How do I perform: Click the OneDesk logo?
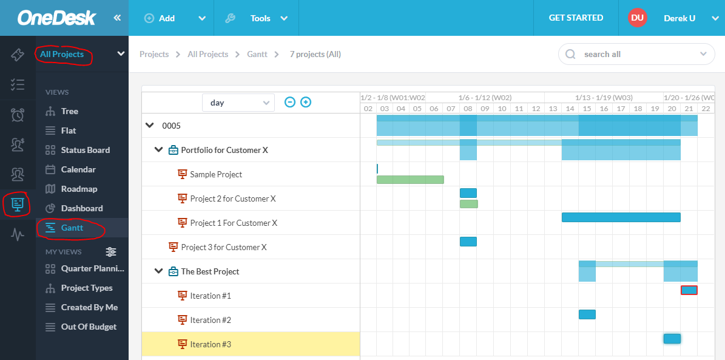56,18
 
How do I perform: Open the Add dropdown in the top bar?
175,18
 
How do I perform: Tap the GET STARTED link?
576,18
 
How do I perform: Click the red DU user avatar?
637,18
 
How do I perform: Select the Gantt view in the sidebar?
72,228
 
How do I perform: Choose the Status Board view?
85,150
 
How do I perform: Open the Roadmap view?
79,189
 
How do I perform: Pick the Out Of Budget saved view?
89,327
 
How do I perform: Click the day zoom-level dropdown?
238,103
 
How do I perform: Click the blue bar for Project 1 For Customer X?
621,217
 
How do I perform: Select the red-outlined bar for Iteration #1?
689,290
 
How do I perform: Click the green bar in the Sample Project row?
410,180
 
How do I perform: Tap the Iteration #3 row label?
210,344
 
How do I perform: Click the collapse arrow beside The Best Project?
159,271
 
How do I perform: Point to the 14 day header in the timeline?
570,109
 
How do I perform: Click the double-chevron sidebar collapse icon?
118,18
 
